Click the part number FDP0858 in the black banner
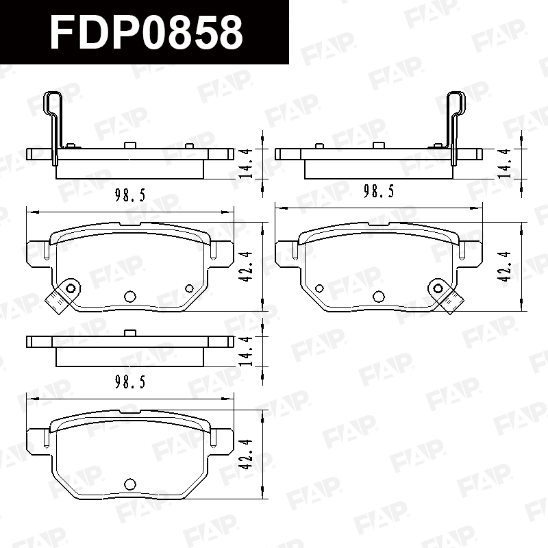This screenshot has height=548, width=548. point(146,32)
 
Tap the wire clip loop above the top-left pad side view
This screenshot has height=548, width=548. point(53,103)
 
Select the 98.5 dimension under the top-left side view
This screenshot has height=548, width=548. point(130,195)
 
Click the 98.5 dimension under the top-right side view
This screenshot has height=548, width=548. point(379,191)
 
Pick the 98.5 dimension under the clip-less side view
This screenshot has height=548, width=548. point(130,382)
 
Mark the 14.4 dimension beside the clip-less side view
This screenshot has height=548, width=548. point(246,351)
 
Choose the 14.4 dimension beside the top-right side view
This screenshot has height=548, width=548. point(504,164)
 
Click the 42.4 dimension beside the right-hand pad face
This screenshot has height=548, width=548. point(504,266)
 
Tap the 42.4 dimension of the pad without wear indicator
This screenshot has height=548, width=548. point(246,454)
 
